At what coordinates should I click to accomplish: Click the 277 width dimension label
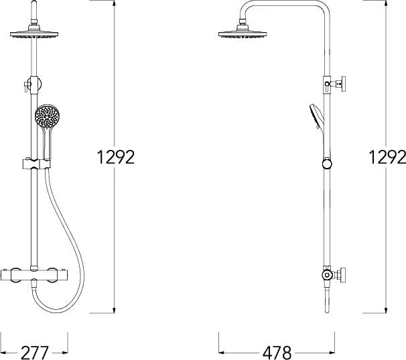pos(34,352)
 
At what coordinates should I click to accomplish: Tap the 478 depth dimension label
pos(277,352)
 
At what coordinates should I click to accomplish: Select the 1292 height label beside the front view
pos(116,157)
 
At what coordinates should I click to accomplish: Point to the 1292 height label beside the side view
pos(387,157)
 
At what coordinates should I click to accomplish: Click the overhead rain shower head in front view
pos(34,32)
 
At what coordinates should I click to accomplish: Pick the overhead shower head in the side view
pos(243,31)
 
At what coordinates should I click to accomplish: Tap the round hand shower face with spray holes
pos(47,116)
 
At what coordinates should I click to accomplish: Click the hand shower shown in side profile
pos(316,118)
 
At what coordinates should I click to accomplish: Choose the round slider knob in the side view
pos(327,164)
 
